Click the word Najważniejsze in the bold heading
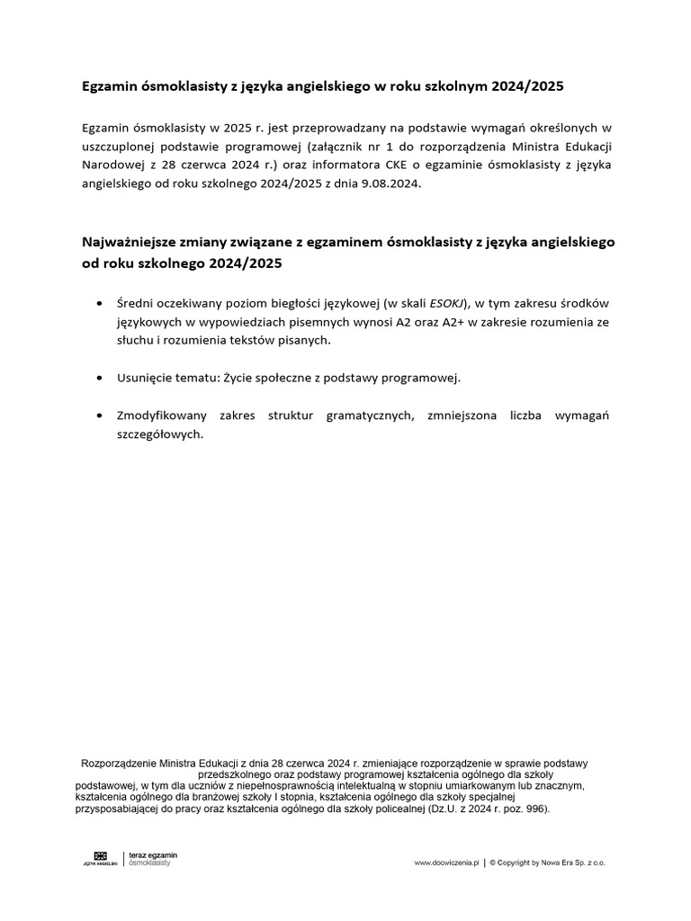(130, 243)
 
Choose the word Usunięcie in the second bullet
(143, 378)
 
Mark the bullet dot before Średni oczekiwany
(97, 304)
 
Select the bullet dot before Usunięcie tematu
(97, 379)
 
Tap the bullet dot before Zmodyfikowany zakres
(97, 416)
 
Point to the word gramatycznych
(361, 416)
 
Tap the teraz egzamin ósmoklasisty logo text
(153, 858)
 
